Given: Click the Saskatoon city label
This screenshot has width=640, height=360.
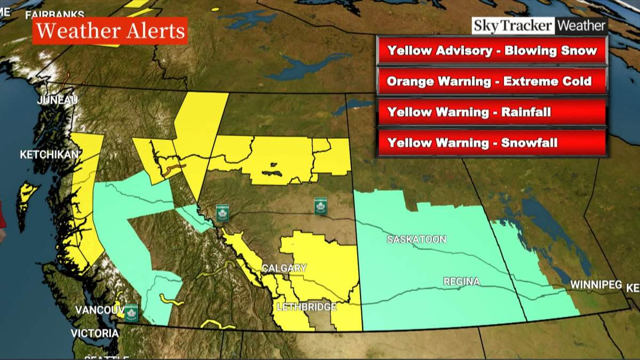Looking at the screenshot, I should [417, 239].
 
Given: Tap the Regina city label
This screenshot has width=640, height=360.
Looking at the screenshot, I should [461, 281].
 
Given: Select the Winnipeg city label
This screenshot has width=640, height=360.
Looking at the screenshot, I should [596, 285].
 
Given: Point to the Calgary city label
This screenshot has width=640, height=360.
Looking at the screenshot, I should [284, 268].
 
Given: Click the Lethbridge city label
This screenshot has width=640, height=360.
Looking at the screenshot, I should [306, 307].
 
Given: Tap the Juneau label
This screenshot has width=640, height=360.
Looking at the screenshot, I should [58, 100].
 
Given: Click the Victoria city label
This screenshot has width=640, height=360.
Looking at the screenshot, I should [95, 333].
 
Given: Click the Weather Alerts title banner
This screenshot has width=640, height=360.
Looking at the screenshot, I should [110, 31].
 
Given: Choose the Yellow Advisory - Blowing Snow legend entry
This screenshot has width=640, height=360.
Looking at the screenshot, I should [491, 51].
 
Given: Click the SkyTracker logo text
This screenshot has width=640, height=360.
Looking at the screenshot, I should [513, 26].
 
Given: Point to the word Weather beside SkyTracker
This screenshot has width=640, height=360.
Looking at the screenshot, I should [581, 26].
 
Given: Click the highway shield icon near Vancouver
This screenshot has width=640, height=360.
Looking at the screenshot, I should [131, 313].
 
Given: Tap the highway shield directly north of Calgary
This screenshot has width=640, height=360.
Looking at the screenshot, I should [222, 213].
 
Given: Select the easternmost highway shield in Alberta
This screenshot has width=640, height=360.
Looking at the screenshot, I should [321, 206].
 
